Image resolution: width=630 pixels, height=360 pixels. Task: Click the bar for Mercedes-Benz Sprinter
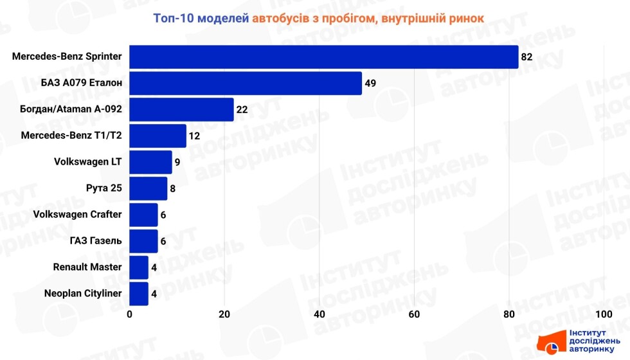pos(324,57)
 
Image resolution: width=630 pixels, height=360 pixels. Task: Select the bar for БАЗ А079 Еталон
pos(246,83)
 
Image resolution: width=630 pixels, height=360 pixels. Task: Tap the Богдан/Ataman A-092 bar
pos(181,109)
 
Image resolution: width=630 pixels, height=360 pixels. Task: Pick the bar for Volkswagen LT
pos(151,162)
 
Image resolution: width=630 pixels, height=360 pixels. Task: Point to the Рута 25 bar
pos(148,188)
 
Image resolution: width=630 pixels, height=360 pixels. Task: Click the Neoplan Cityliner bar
pos(139,294)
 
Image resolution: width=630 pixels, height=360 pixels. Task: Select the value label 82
pos(527,57)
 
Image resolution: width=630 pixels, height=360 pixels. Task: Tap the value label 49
pos(370,83)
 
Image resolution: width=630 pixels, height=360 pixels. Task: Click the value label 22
pos(242,109)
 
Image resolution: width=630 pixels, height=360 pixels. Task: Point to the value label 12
pos(195,136)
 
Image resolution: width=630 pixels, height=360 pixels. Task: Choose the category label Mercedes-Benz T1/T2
pos(71,136)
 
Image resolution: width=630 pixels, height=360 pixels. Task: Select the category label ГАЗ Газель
pos(95,241)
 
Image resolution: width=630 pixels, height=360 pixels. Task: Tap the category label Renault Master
pos(87,267)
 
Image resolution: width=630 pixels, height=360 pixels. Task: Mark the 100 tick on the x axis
pos(603,314)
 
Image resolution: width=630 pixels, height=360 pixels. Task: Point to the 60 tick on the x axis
pos(414,314)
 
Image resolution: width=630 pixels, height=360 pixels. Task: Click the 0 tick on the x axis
pos(130,314)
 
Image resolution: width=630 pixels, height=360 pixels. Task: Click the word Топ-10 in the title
pos(173,18)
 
